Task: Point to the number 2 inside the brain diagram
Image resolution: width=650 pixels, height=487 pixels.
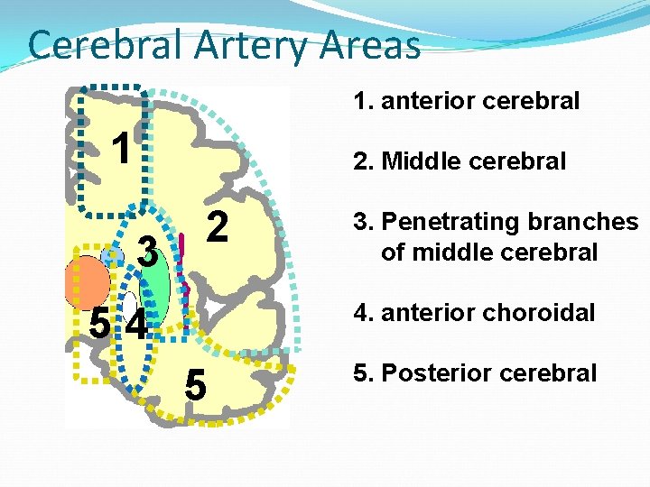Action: point(217,226)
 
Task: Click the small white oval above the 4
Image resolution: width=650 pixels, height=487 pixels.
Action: point(130,302)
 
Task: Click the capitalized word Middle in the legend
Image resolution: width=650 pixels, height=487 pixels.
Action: point(422,161)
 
